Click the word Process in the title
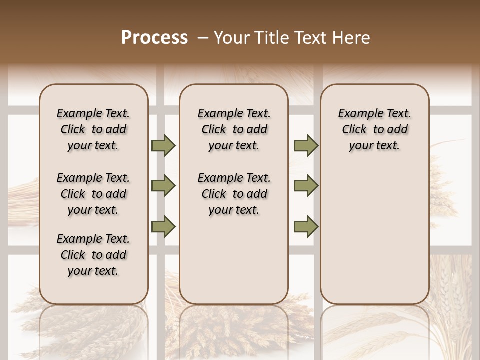154,38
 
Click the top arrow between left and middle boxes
163,146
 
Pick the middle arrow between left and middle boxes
163,186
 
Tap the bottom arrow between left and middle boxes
163,227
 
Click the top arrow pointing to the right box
306,146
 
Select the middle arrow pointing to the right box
306,186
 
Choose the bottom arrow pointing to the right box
306,227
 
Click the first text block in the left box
93,129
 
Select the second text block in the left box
93,194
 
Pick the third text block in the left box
93,255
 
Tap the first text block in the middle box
234,129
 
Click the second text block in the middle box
234,194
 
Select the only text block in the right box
375,129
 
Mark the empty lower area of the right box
375,235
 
